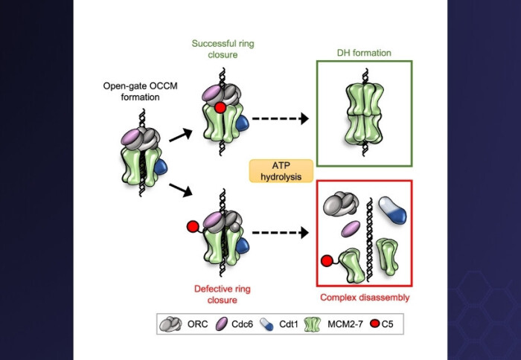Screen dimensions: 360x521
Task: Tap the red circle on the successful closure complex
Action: click(x=220, y=109)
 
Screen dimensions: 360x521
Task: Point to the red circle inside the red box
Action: click(x=327, y=261)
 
